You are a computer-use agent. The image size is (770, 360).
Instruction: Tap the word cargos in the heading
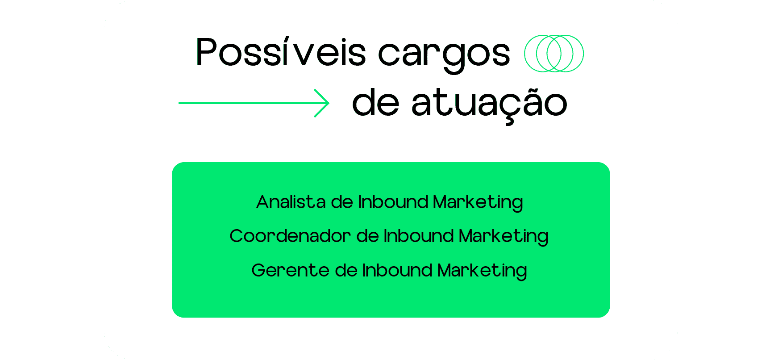444,56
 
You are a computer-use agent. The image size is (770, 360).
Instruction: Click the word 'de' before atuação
375,102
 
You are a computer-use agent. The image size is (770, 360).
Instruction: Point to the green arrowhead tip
329,103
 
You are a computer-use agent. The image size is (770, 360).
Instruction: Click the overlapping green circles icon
554,54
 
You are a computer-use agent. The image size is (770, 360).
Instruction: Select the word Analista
291,202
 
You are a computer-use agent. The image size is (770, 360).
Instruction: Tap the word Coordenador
290,236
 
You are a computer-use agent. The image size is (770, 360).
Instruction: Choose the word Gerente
290,270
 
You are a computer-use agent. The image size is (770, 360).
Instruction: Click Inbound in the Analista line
393,202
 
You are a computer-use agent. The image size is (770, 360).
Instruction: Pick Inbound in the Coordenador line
419,236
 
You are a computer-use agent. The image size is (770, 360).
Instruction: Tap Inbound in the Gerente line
397,270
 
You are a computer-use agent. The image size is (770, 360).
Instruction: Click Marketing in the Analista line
478,203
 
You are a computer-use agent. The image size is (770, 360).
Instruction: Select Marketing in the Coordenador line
504,237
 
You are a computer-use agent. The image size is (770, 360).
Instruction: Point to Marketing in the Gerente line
482,272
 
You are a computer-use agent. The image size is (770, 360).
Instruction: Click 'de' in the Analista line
342,202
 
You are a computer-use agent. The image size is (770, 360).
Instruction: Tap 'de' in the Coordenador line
368,236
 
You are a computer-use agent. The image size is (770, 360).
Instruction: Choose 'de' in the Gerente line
346,270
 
